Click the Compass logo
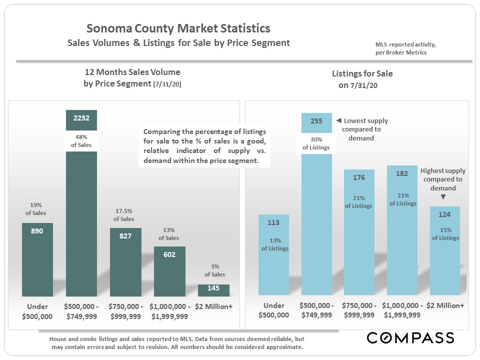[410, 337]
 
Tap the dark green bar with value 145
[213, 290]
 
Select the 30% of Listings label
[316, 143]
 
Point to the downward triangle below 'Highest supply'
[443, 197]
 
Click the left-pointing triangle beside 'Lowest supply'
[338, 121]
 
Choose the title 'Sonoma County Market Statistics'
[178, 28]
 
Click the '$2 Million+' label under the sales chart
[213, 306]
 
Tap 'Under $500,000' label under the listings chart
[273, 310]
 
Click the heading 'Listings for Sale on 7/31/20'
[362, 79]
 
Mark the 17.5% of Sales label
[123, 215]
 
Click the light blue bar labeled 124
[445, 260]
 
